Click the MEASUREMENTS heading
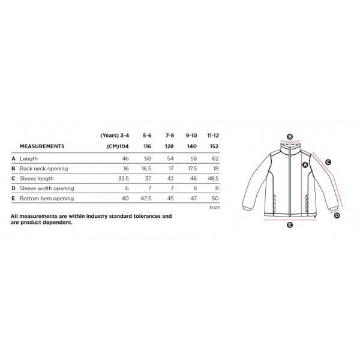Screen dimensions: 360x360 42,146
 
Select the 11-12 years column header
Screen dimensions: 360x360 213,136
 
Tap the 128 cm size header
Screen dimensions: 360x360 169,146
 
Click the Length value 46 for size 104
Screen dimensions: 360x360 125,158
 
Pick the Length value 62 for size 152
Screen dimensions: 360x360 215,158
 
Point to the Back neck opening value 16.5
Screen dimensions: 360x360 146,169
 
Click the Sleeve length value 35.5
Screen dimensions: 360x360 123,178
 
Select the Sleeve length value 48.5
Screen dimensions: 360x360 213,178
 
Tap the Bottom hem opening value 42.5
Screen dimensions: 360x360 146,198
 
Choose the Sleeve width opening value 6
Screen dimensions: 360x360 127,188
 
